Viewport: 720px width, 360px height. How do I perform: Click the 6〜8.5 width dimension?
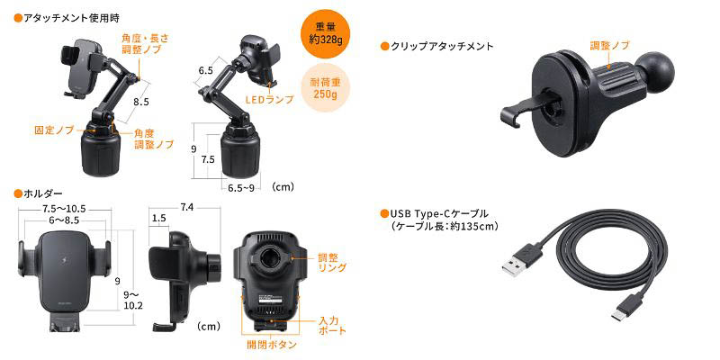(62, 221)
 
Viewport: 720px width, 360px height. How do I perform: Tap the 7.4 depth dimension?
(186, 208)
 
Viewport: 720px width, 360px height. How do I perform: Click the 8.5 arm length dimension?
(141, 102)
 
